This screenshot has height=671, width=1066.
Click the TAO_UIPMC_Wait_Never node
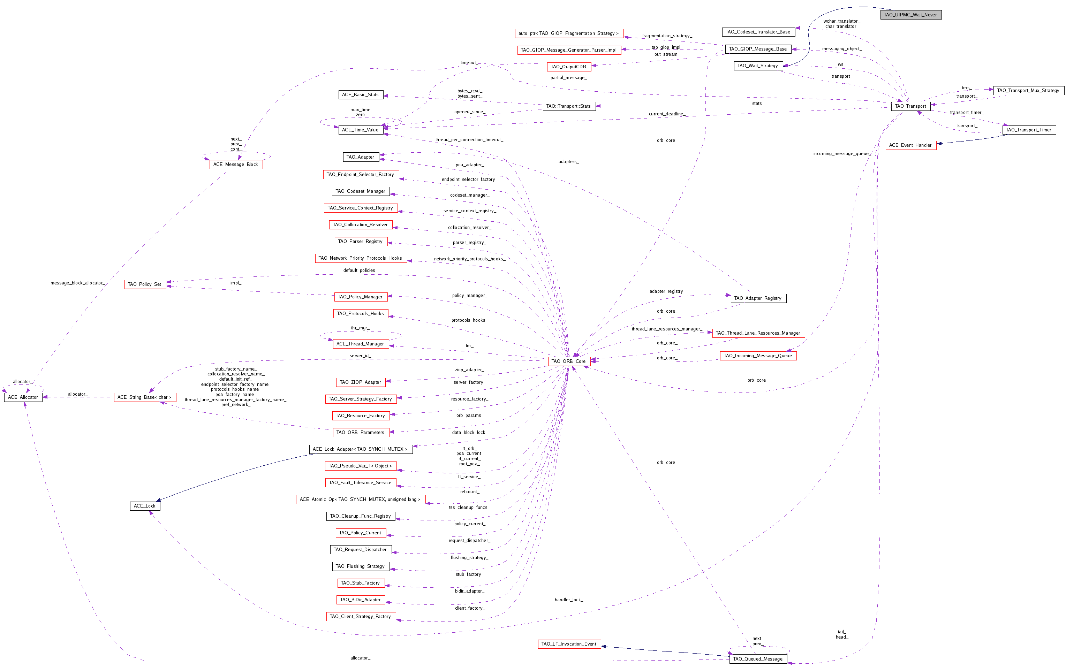tap(910, 15)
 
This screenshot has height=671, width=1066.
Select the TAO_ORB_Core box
tap(568, 361)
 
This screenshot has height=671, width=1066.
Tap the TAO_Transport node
tap(910, 106)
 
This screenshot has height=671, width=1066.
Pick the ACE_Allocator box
tap(23, 397)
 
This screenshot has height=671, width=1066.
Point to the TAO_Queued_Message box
tap(757, 658)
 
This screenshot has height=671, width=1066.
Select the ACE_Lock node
tap(145, 506)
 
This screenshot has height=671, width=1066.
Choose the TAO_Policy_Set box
tap(145, 284)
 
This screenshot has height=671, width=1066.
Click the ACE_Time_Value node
tap(360, 130)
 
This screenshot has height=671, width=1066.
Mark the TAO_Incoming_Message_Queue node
tap(757, 356)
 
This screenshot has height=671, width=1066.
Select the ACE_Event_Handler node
tap(910, 145)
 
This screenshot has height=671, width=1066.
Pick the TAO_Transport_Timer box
tap(1028, 130)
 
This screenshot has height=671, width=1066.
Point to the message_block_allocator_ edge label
tap(78, 283)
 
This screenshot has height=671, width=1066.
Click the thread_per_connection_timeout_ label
tap(469, 140)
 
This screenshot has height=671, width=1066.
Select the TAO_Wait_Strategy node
tap(757, 66)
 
